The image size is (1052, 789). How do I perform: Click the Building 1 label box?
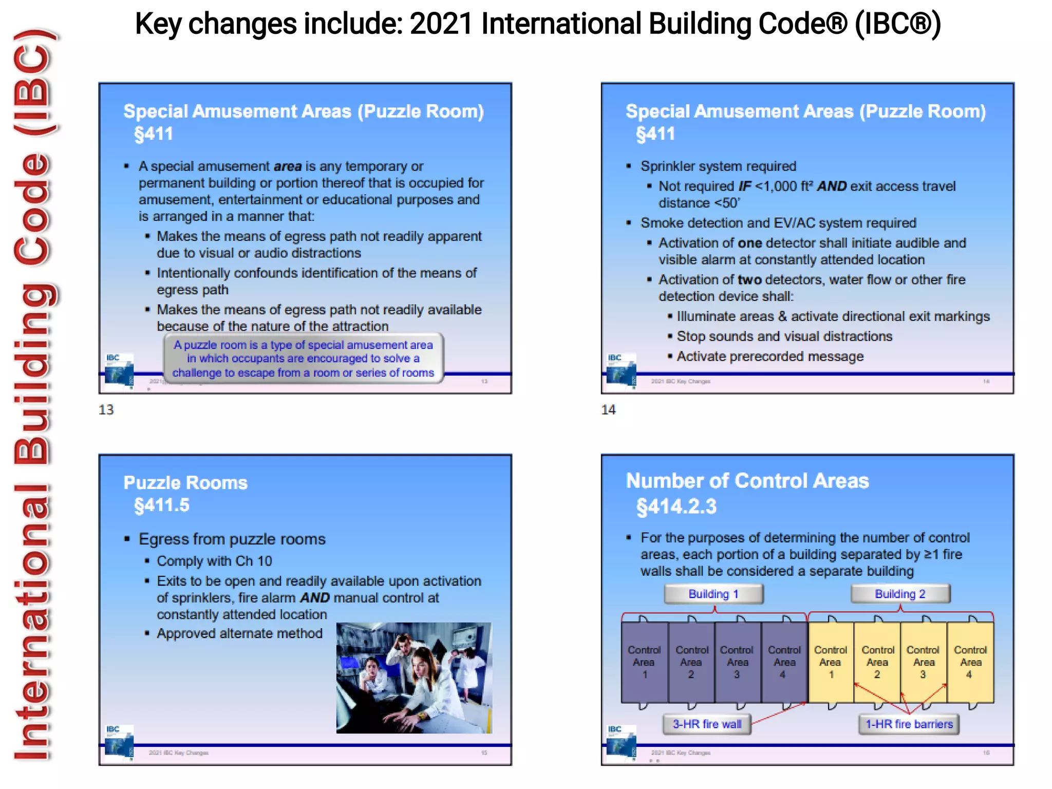click(x=713, y=594)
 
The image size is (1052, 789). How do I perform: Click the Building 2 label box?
click(x=900, y=594)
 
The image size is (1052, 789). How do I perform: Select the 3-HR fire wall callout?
click(x=707, y=724)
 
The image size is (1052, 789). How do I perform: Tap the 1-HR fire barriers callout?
click(x=909, y=724)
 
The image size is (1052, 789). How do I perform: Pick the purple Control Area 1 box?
click(x=644, y=662)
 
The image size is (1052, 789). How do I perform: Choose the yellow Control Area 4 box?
click(x=970, y=662)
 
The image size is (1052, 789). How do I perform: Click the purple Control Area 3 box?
click(x=737, y=662)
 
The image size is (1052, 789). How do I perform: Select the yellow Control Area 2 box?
click(x=877, y=662)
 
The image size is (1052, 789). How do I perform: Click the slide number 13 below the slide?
click(x=106, y=409)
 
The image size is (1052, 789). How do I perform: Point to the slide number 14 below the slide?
click(x=608, y=409)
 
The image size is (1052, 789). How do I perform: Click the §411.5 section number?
click(x=162, y=505)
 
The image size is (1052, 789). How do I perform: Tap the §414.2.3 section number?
click(x=676, y=506)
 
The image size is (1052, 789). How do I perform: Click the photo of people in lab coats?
click(x=414, y=678)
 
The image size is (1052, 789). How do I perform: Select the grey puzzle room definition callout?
click(x=303, y=359)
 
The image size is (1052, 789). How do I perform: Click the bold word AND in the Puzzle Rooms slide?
click(x=315, y=598)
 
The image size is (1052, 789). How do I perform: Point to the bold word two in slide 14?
click(x=749, y=279)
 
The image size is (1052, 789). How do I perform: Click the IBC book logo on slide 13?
click(x=119, y=370)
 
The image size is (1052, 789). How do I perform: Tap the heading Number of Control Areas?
click(x=747, y=481)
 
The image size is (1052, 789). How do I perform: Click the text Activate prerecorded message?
click(x=769, y=356)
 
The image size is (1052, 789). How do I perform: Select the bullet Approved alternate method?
click(x=239, y=633)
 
